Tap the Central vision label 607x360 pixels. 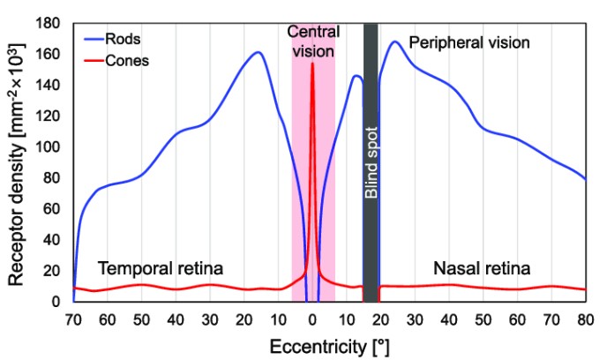[313, 41]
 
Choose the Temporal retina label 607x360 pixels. [161, 267]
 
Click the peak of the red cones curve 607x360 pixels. [312, 64]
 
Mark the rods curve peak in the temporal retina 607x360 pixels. [259, 52]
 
